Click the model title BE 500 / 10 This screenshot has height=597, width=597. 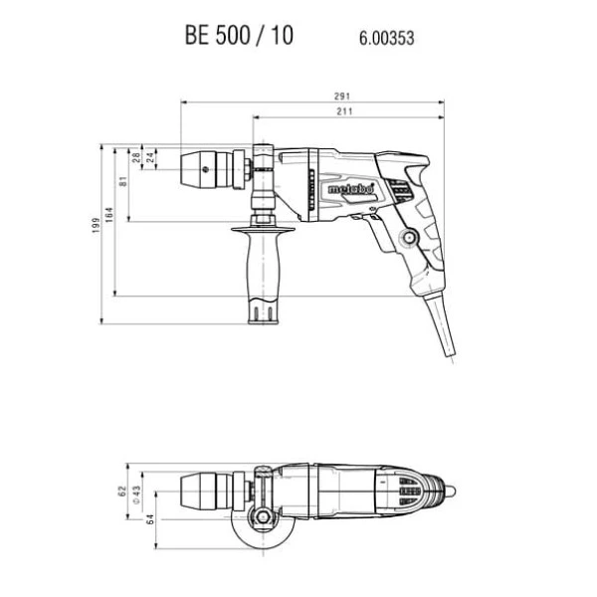[x=239, y=36]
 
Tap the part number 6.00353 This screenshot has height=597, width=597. [x=386, y=39]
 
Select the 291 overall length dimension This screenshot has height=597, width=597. [x=342, y=97]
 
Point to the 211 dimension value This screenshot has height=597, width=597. [x=344, y=111]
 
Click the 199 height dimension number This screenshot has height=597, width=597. [x=96, y=226]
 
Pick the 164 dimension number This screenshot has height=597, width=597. [x=109, y=215]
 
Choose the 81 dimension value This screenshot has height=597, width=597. [x=123, y=181]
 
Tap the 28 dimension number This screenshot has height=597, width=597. [x=136, y=157]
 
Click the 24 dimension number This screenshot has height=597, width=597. [x=150, y=157]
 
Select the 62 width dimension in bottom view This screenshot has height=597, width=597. [x=122, y=492]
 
